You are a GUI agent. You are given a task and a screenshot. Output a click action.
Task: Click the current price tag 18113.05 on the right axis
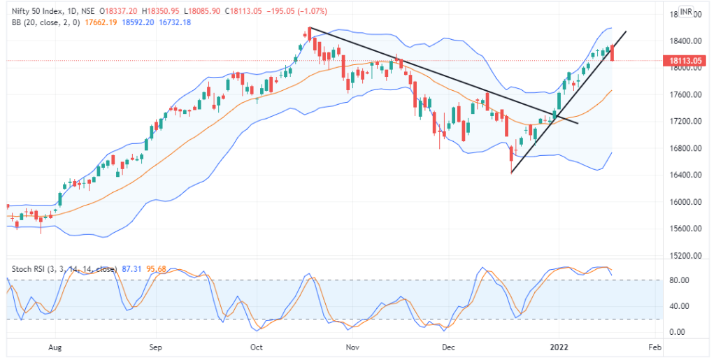(x=685, y=61)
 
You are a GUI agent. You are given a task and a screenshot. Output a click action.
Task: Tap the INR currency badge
(x=687, y=12)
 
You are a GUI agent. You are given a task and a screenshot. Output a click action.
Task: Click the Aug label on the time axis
(x=57, y=347)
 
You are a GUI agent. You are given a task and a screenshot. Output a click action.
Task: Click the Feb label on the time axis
(x=654, y=347)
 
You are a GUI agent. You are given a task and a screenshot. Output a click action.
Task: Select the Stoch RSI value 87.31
(x=132, y=268)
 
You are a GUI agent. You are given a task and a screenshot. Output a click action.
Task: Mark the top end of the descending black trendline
(x=309, y=28)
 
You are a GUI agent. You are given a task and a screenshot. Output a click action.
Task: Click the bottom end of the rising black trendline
(x=511, y=173)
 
